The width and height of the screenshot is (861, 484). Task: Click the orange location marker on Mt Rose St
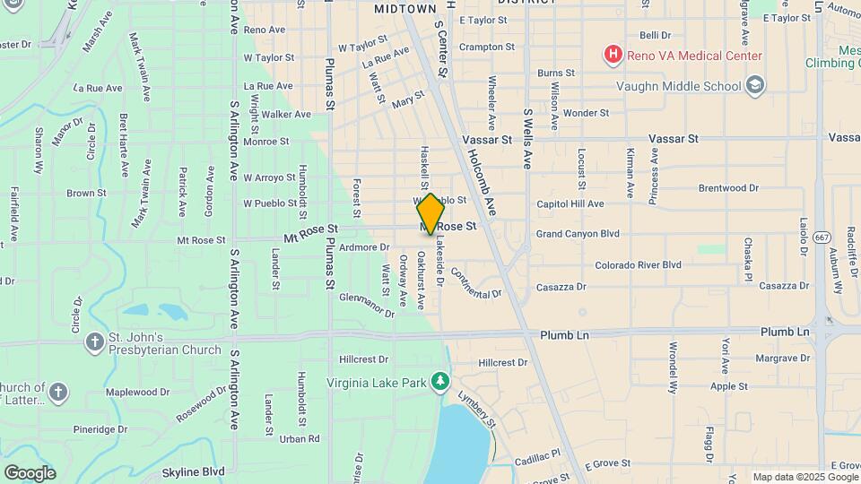[430, 213]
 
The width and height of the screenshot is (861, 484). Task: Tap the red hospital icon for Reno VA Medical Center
[613, 56]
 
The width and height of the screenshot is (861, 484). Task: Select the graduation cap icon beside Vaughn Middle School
[756, 86]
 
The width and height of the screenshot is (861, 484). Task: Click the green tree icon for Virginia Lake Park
[439, 382]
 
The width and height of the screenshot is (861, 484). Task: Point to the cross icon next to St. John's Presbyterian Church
[95, 342]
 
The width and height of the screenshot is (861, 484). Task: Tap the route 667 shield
[822, 237]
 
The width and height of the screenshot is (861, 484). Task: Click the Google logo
[30, 472]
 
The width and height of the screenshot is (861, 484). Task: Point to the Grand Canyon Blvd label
[578, 234]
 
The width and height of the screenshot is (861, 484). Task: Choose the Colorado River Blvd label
[638, 265]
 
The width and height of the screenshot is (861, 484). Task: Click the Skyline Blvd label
[193, 471]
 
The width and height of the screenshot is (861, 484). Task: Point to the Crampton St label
[486, 47]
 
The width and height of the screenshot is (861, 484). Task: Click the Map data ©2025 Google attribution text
[805, 477]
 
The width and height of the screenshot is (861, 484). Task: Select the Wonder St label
[586, 113]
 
